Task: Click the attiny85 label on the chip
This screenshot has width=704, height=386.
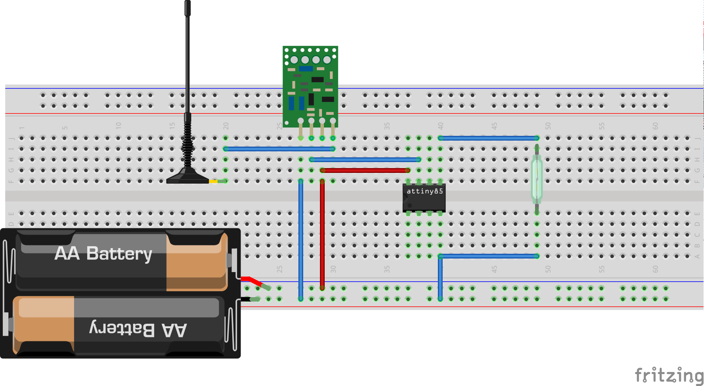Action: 424,191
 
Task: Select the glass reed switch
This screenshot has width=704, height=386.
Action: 537,179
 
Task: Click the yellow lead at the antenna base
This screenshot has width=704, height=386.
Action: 214,181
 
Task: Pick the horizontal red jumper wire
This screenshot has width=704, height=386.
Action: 365,170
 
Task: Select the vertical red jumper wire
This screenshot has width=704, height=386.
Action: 322,235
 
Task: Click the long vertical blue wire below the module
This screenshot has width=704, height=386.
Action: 301,239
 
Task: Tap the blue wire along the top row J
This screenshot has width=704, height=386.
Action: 488,138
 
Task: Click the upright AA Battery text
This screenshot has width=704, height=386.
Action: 103,253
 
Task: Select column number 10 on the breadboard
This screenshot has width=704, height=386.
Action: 118,125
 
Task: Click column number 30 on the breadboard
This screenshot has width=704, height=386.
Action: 333,269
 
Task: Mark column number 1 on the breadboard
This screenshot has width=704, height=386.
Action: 22,127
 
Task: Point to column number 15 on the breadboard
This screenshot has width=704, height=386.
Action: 172,125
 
